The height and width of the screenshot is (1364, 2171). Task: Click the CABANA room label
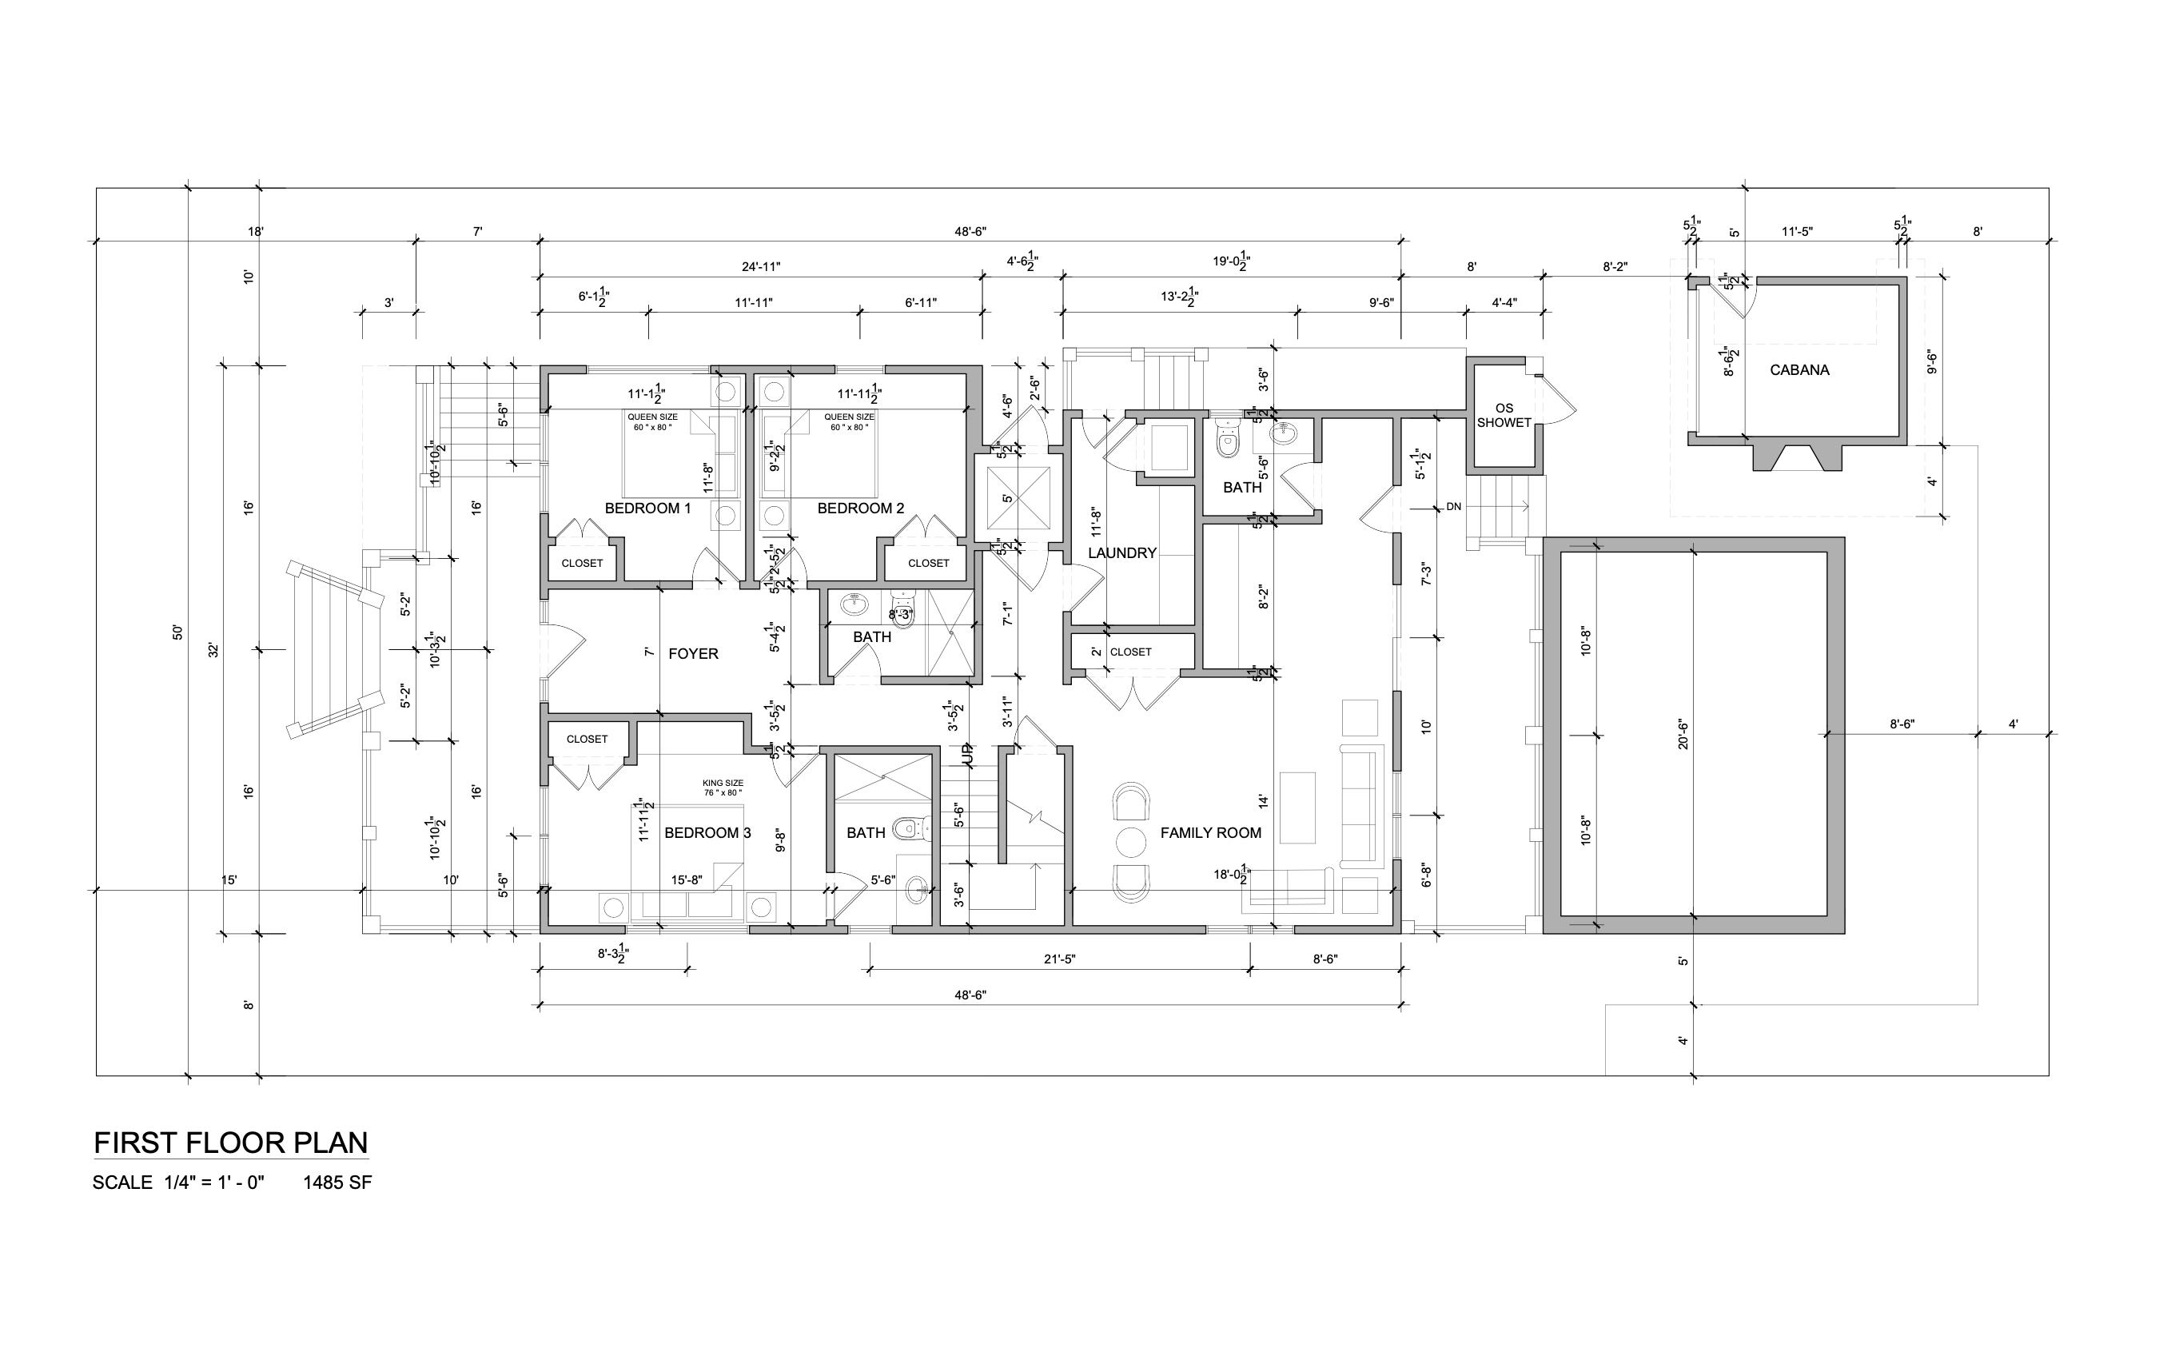[x=1799, y=369]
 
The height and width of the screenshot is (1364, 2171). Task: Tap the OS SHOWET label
[x=1504, y=416]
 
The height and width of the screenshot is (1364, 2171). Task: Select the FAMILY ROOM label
[x=1210, y=833]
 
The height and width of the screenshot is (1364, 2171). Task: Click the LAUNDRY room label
[x=1121, y=552]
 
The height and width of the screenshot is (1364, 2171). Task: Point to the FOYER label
[x=692, y=653]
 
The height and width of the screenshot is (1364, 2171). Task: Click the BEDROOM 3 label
[x=707, y=833]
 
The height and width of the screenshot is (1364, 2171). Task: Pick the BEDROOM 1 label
[x=647, y=509]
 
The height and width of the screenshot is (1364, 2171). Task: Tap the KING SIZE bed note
[x=722, y=788]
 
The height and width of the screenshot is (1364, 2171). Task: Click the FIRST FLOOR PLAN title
[x=231, y=1143]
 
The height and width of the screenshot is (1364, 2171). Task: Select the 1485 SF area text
[x=337, y=1183]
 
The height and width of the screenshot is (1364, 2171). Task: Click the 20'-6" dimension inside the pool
[x=1683, y=735]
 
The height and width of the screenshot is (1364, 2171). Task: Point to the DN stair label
[x=1453, y=508]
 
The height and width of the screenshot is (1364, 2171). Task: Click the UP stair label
[x=968, y=756]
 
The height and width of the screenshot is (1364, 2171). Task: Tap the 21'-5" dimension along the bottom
[x=1059, y=959]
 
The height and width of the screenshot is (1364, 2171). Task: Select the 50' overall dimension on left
[x=177, y=632]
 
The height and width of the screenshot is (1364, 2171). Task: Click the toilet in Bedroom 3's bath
[x=908, y=827]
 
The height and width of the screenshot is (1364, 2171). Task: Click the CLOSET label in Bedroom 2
[x=928, y=564]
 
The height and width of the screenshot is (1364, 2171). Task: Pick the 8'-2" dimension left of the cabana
[x=1614, y=267]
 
